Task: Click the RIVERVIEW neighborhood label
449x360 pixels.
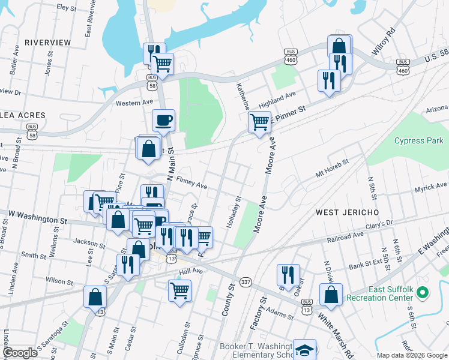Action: [48, 43]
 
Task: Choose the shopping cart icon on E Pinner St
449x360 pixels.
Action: [259, 122]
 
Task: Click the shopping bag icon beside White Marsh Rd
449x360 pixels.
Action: [331, 294]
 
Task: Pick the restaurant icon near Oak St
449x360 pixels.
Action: [288, 275]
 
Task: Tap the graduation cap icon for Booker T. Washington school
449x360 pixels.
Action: [305, 350]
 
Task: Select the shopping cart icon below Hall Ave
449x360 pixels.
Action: [180, 290]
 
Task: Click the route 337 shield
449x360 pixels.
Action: [245, 281]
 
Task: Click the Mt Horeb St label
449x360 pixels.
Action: [332, 169]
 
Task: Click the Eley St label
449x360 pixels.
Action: [64, 7]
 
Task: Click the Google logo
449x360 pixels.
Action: [20, 353]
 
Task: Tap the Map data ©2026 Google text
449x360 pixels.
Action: [412, 355]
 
